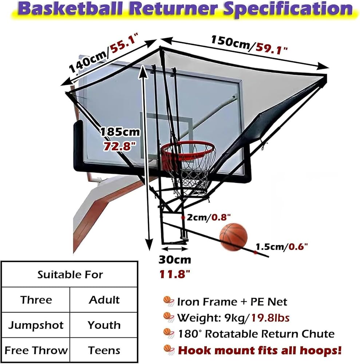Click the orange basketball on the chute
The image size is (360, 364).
(233, 237)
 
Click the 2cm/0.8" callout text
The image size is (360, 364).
(209, 217)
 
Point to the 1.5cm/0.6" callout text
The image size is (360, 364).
(281, 246)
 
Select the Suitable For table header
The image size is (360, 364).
(70, 274)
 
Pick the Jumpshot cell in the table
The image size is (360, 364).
(36, 325)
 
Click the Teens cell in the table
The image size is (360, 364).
(104, 350)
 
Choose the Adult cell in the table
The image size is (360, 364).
(104, 300)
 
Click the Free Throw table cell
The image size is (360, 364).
(36, 350)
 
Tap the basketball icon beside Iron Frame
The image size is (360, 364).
(169, 301)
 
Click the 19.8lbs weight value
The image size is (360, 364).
(270, 317)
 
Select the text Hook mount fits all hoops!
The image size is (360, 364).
(260, 351)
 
